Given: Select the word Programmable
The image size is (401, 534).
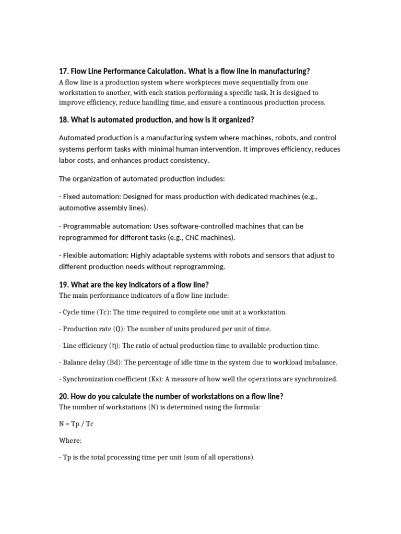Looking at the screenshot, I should [86, 226].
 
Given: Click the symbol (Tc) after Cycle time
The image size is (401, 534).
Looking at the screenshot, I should [102, 312].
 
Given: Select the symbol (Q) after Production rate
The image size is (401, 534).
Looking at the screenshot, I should [120, 329].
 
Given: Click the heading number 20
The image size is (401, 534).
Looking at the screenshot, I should [64, 396].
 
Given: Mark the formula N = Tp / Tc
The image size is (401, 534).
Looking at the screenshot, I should [76, 424].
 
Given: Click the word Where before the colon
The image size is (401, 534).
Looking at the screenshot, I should [69, 441].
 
